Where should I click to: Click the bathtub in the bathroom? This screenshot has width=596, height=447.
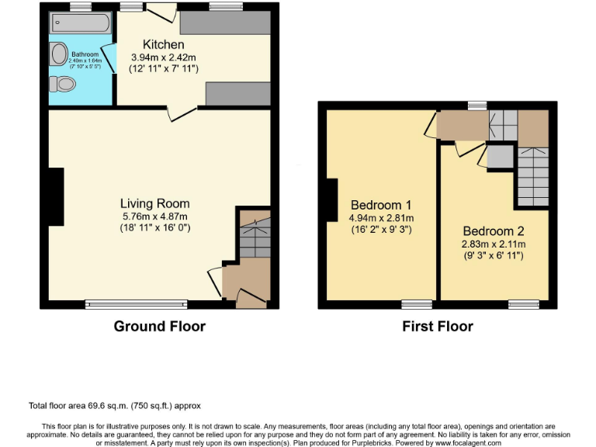81,23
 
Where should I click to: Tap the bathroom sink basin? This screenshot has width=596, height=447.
59,54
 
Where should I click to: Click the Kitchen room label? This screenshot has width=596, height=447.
163,45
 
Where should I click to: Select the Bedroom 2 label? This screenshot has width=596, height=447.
494,231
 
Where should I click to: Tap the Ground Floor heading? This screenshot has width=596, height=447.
159,326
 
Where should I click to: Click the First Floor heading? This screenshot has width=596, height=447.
437,326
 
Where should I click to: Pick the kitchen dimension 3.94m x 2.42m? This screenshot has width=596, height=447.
163,57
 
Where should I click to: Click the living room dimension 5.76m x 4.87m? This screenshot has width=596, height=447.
155,217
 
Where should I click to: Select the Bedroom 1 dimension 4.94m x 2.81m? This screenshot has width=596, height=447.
381,218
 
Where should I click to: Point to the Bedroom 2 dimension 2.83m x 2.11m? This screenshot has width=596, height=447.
494,244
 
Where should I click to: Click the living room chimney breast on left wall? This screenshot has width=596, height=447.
54,197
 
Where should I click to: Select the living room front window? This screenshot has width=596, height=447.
136,304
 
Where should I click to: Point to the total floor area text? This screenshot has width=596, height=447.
116,405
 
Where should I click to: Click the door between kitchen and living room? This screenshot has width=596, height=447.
182,114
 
